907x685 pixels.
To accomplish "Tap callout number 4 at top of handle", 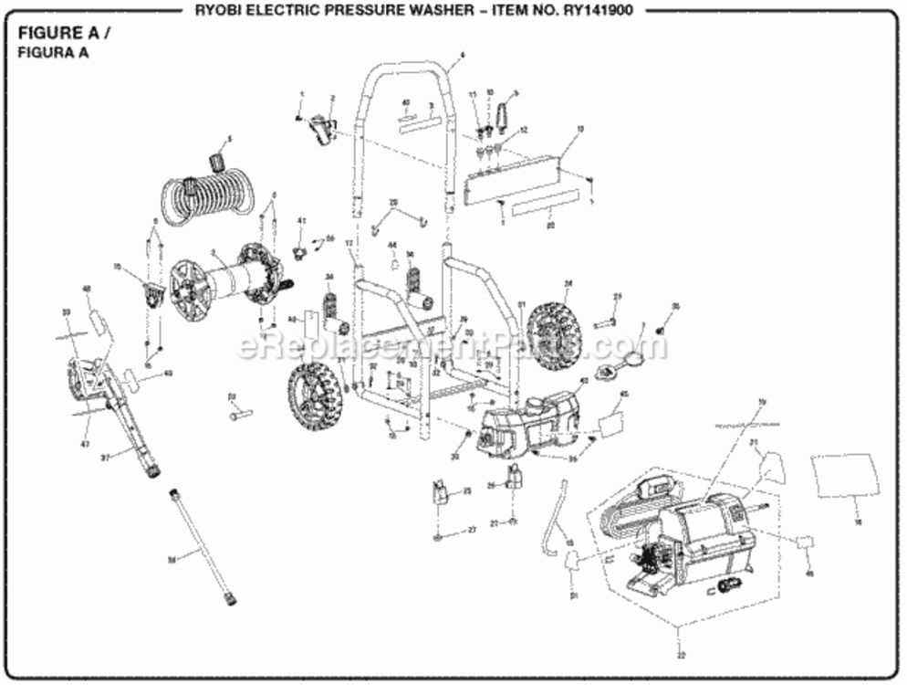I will [x=463, y=55].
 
